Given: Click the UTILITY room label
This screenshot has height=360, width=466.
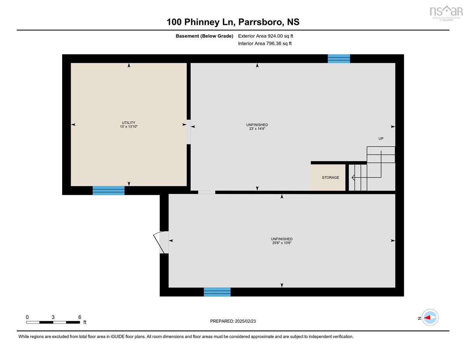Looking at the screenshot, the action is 129,123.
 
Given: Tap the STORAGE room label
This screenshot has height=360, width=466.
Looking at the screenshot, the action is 330,177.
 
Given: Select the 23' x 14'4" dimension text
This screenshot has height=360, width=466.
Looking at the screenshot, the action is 257,129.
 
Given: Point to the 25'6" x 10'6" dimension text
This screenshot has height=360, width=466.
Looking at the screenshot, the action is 282,243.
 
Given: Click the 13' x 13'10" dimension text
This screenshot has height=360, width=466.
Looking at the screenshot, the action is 129,127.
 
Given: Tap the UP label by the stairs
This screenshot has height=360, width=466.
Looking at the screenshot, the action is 381,139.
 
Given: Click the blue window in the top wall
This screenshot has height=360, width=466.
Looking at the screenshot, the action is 339,59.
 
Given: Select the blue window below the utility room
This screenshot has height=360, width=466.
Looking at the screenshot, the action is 108,190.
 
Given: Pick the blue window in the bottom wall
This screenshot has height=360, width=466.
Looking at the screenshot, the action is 217,292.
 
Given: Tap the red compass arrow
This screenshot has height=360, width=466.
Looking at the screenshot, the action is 427,318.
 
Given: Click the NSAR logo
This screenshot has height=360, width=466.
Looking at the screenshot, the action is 446,13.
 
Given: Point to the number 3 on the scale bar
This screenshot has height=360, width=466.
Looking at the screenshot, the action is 53,317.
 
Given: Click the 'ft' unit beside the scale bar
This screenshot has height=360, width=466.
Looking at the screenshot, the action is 85,322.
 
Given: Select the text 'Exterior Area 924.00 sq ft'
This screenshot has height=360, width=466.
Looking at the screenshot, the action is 266,36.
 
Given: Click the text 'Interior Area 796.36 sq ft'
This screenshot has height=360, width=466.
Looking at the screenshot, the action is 265,43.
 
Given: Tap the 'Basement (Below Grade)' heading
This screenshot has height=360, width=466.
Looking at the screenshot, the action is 204,36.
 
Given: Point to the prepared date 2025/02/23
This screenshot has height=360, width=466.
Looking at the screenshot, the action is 245,321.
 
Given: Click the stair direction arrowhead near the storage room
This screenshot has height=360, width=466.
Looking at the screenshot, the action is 353,177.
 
